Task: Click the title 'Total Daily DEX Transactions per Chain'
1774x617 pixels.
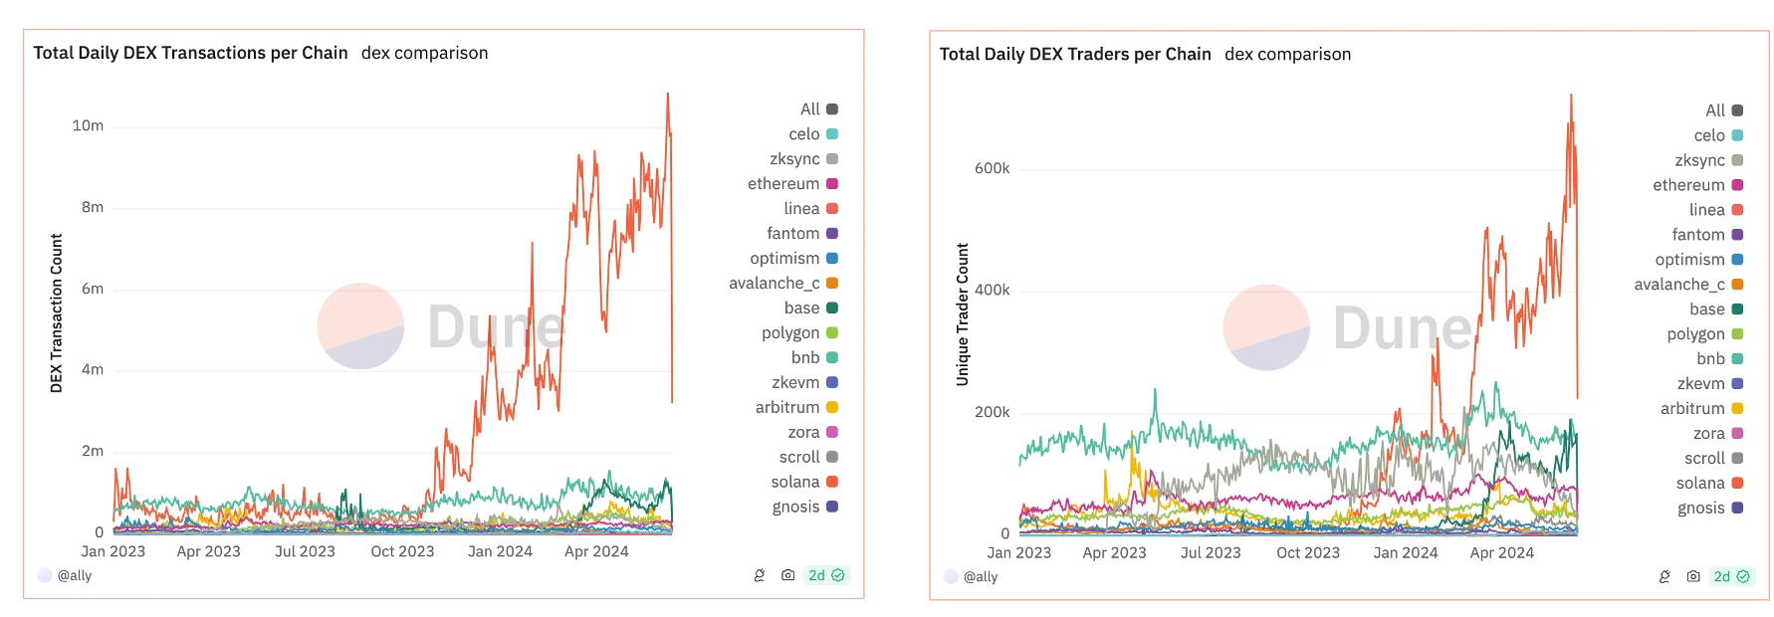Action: (x=190, y=53)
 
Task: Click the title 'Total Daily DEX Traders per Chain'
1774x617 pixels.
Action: (x=1074, y=54)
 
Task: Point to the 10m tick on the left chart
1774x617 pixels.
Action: (x=88, y=125)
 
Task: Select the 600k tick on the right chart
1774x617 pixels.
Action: (x=992, y=168)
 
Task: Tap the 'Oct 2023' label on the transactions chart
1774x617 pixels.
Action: (x=402, y=551)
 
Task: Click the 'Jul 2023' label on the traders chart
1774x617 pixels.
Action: (x=1210, y=552)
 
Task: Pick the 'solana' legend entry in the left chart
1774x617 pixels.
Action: (x=795, y=482)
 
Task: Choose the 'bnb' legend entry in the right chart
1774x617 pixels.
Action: (x=1711, y=358)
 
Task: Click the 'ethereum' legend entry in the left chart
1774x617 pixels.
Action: (x=784, y=183)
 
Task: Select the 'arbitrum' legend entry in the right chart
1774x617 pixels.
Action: (x=1692, y=408)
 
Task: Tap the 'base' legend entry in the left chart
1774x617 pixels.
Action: (x=802, y=308)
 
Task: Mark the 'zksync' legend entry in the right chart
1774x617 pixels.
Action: (x=1699, y=160)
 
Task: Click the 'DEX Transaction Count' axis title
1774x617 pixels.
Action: (x=57, y=312)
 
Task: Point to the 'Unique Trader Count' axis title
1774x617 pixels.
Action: (x=963, y=313)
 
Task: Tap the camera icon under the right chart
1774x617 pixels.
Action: (x=1692, y=576)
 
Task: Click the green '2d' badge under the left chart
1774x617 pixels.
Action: (x=825, y=575)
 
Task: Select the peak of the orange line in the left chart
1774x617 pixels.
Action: (x=668, y=94)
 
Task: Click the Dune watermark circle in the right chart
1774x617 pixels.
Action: (x=1265, y=327)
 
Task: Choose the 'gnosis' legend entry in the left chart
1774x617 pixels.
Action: (x=796, y=507)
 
